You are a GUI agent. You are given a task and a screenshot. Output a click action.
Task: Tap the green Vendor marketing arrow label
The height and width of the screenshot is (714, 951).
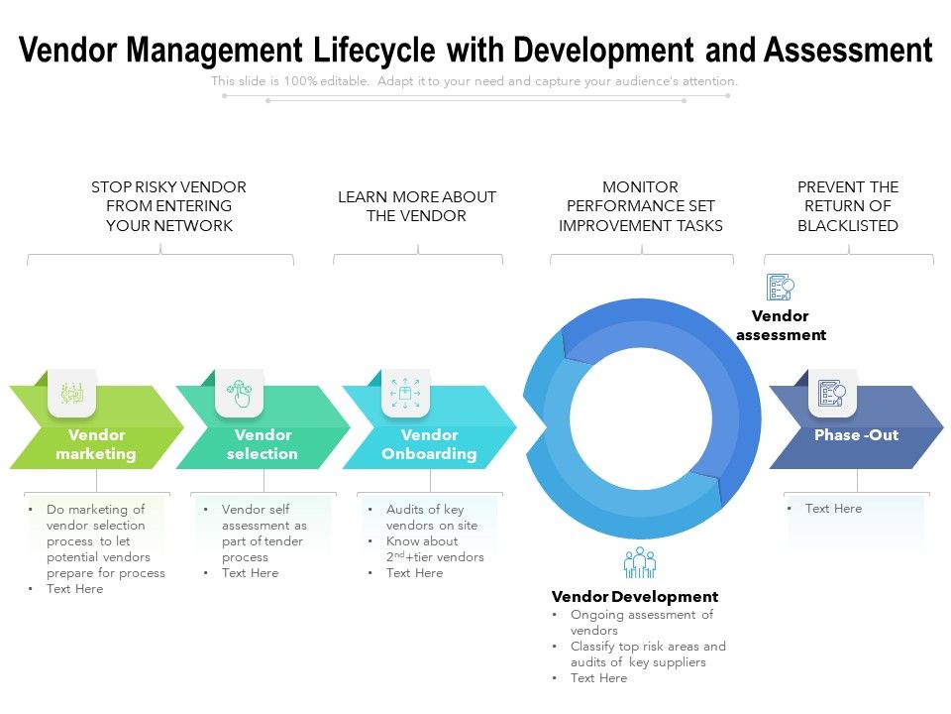96,444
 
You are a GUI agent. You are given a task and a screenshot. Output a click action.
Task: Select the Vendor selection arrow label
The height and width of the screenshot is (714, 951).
263,444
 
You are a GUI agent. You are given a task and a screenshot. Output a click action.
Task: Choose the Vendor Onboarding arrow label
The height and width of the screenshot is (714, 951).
429,444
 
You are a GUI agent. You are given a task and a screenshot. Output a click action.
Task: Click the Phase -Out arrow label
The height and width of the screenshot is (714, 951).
856,435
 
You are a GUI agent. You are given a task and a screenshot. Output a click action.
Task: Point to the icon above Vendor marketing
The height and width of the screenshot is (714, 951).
72,393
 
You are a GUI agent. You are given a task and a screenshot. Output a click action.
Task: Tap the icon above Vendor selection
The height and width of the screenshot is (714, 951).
239,393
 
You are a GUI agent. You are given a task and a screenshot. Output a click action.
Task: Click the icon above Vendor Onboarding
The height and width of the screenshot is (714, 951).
405,393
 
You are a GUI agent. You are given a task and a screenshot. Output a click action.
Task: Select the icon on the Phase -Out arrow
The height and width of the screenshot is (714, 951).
832,394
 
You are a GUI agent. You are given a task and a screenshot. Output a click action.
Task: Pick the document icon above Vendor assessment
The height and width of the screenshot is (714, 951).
781,288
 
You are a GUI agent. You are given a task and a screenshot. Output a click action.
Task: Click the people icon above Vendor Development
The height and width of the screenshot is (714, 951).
640,562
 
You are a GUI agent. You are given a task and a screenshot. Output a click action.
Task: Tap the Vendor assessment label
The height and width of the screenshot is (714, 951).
781,325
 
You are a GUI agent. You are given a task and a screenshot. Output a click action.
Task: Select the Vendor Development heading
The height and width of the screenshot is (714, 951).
635,597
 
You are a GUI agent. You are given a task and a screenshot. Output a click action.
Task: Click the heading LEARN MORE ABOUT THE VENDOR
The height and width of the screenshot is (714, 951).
417,206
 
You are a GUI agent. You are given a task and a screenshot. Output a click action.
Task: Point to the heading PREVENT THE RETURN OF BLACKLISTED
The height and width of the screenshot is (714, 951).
848,206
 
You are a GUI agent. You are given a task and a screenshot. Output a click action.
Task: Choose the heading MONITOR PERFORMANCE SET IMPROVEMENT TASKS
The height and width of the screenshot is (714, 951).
641,206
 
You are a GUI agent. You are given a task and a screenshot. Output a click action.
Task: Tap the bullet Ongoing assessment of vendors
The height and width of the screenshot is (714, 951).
641,623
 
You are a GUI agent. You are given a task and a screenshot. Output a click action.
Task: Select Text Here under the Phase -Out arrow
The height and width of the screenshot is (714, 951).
833,509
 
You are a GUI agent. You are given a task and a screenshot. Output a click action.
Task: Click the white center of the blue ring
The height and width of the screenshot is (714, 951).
641,417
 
